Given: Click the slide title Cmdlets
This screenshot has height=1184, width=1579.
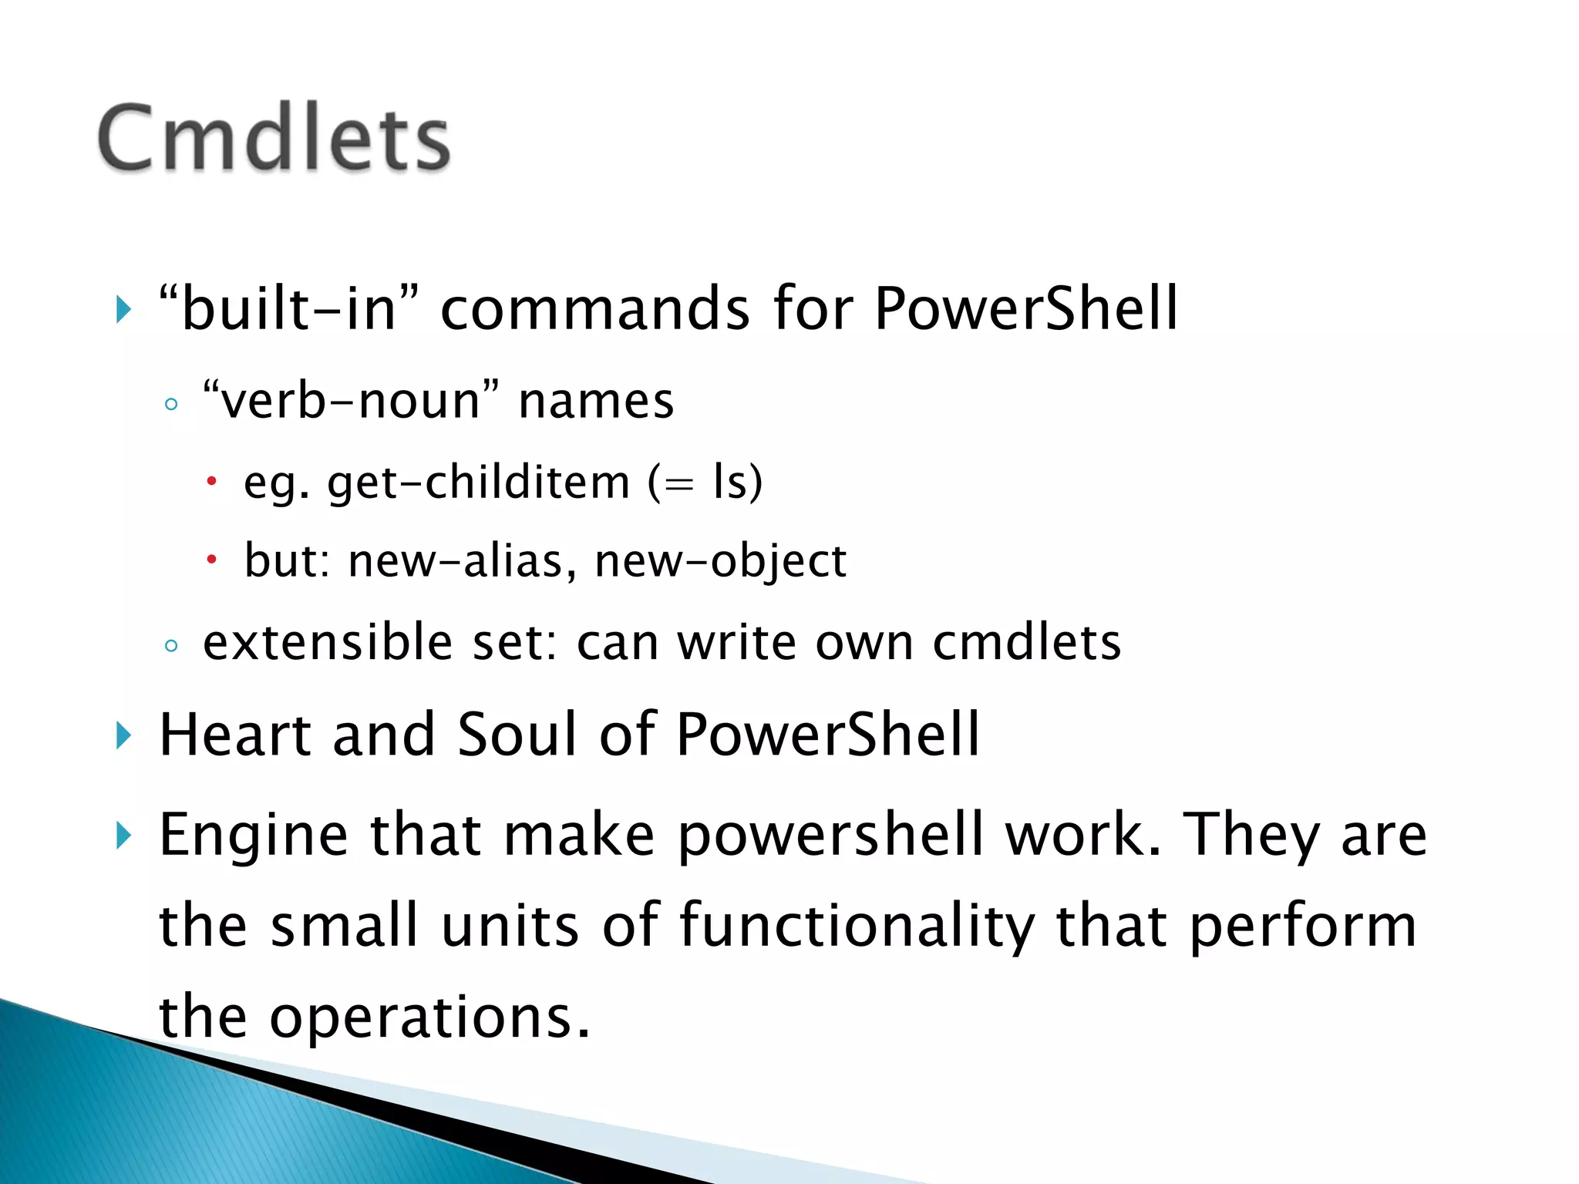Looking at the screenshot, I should coord(274,139).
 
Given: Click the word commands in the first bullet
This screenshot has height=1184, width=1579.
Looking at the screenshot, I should coord(594,309).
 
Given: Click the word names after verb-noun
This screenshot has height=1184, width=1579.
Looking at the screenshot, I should coord(596,402).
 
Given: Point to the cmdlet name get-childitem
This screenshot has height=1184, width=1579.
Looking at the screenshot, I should coord(478,483).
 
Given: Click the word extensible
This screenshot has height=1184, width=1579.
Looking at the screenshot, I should coord(328,642).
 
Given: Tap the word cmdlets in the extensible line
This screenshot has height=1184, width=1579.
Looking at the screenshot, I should coord(1026,642).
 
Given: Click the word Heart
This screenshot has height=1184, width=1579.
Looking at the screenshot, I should coord(235,734).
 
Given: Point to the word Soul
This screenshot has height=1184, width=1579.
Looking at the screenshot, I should coord(517,734).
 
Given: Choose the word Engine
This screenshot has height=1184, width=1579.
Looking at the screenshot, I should coord(254,836).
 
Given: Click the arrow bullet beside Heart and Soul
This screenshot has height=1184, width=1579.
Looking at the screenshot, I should coord(123,735).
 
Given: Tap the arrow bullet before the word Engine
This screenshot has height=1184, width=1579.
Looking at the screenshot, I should coord(123,836).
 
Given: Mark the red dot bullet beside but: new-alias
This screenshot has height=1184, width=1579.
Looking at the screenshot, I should coord(212,560).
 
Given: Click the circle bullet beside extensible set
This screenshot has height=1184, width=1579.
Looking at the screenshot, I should coord(171,645).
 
